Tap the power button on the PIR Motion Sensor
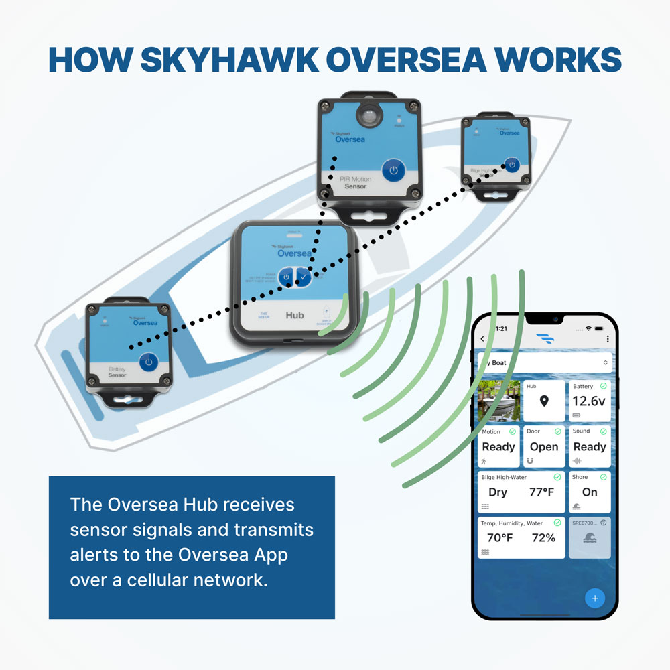pyautogui.click(x=394, y=170)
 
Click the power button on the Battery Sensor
pyautogui.click(x=149, y=362)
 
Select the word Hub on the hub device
pyautogui.click(x=295, y=314)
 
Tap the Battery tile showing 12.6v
pyautogui.click(x=590, y=401)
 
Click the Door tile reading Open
pyautogui.click(x=543, y=446)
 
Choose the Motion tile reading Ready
pyautogui.click(x=498, y=446)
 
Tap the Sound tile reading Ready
pyautogui.click(x=590, y=446)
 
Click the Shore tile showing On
pyautogui.click(x=590, y=492)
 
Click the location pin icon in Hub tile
pyautogui.click(x=544, y=401)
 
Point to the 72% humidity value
pyautogui.click(x=543, y=537)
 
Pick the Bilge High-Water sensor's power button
pyautogui.click(x=511, y=165)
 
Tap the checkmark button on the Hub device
pyautogui.click(x=304, y=277)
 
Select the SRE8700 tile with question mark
pyautogui.click(x=590, y=537)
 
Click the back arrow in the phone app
pyautogui.click(x=482, y=339)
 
